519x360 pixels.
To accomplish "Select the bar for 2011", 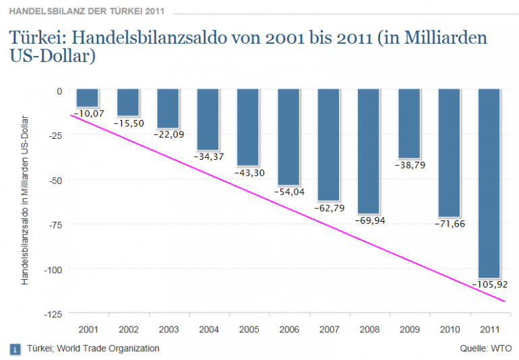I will click(x=489, y=182).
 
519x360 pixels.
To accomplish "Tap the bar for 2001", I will click(x=88, y=98).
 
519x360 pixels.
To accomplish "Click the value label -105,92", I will click(x=489, y=284).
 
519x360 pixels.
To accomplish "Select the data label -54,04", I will click(x=289, y=192).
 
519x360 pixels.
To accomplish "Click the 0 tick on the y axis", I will click(x=59, y=91).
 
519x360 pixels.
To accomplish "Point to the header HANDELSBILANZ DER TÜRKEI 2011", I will click(x=86, y=11).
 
